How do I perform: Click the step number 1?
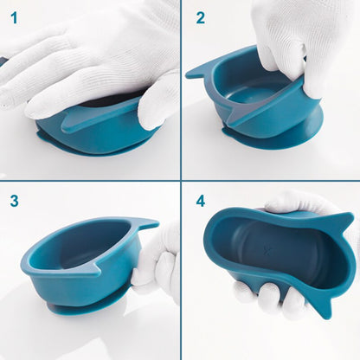14,18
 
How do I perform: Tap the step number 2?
201,18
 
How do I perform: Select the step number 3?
14,201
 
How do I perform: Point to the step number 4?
201,201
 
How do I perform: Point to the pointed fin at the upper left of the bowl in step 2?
199,72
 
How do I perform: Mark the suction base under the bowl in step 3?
87,310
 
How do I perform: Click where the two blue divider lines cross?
181,181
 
